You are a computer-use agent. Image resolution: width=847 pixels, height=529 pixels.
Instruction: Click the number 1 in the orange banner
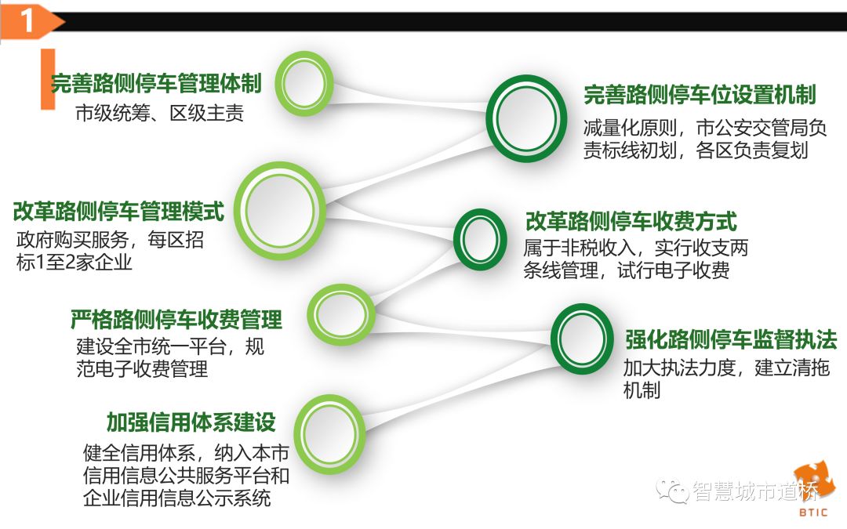pyautogui.click(x=27, y=22)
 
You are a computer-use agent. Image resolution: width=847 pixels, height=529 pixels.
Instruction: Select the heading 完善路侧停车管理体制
pyautogui.click(x=156, y=83)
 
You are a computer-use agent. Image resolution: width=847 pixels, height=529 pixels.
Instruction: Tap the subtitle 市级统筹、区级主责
pyautogui.click(x=160, y=114)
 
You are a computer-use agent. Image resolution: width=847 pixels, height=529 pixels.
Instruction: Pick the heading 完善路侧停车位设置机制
pyautogui.click(x=700, y=96)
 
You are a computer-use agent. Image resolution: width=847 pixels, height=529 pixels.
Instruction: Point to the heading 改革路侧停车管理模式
pyautogui.click(x=118, y=211)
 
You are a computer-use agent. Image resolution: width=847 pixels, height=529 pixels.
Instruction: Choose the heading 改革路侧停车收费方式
pyautogui.click(x=631, y=222)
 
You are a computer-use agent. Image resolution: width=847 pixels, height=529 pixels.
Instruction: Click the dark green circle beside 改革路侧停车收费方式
pyautogui.click(x=482, y=239)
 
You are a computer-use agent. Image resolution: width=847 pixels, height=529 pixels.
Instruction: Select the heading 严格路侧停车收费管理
pyautogui.click(x=176, y=319)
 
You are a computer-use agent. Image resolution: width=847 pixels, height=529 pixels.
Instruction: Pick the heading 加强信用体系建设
pyautogui.click(x=191, y=422)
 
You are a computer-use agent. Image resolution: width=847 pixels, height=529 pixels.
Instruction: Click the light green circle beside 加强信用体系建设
pyautogui.click(x=329, y=434)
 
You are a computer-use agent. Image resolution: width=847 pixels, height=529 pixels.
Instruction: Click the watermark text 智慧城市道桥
pyautogui.click(x=754, y=491)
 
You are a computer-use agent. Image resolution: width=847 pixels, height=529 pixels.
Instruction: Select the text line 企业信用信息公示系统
pyautogui.click(x=177, y=498)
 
